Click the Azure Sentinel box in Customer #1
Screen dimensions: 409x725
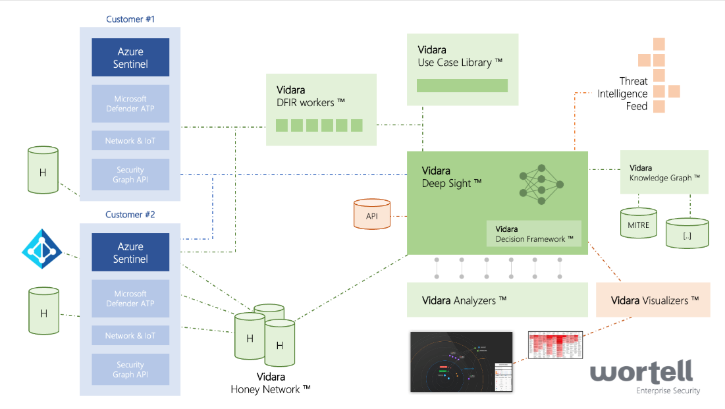point(130,57)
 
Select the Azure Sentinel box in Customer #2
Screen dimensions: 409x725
point(130,252)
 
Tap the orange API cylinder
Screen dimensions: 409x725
point(371,214)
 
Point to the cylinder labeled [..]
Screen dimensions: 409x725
point(687,234)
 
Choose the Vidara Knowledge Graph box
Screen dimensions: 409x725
point(664,172)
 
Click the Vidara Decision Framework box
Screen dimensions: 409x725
point(534,233)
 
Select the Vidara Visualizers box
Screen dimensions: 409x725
point(653,300)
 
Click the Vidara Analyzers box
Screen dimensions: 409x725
point(497,300)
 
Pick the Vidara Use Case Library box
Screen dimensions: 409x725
point(462,69)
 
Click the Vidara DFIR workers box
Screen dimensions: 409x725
point(321,109)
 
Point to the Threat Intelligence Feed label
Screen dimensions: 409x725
point(622,94)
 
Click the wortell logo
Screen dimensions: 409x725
point(641,374)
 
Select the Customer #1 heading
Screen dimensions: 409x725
point(130,19)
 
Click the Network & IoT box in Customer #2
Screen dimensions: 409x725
point(130,335)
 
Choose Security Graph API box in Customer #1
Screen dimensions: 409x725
point(130,175)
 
